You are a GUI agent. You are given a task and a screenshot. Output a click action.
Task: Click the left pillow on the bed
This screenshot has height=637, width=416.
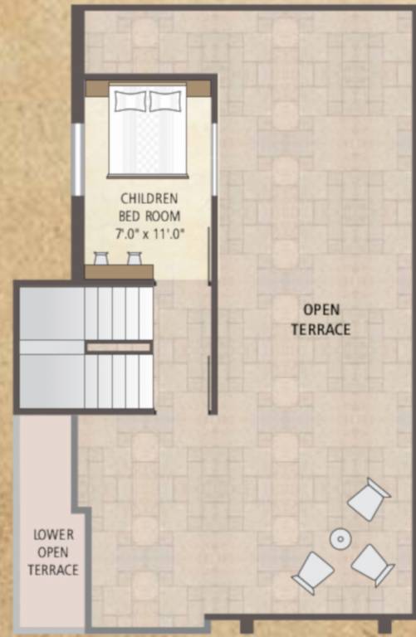click(130, 101)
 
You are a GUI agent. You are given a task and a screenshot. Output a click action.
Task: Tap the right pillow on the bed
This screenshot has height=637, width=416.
click(165, 101)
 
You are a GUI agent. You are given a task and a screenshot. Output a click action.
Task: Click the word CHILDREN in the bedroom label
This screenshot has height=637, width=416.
click(149, 199)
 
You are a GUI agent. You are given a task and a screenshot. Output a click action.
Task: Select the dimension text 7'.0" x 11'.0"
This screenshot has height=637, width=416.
click(149, 234)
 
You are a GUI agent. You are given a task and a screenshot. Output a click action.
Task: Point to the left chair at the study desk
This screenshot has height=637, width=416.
click(101, 258)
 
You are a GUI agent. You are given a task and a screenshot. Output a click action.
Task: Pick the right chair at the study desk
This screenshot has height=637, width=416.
click(134, 258)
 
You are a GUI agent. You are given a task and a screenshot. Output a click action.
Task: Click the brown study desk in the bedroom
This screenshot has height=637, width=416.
click(120, 271)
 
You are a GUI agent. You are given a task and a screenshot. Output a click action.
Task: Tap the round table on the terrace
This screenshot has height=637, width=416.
click(340, 539)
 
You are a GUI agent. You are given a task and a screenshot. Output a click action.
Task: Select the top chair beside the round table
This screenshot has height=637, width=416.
click(369, 498)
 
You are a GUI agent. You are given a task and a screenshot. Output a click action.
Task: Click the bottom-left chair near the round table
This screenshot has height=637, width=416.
click(313, 571)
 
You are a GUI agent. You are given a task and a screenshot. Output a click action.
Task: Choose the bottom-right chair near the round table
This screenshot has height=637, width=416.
click(372, 565)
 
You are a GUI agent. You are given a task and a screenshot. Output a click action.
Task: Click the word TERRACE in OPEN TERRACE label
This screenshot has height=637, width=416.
click(321, 330)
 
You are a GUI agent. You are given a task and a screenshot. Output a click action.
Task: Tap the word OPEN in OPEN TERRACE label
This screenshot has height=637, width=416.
click(321, 310)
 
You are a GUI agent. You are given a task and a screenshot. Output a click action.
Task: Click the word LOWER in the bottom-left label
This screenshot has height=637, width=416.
click(53, 535)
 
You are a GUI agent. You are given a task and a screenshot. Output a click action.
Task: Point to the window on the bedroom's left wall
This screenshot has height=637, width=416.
click(77, 158)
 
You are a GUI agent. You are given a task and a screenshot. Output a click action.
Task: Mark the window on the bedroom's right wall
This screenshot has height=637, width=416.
click(214, 158)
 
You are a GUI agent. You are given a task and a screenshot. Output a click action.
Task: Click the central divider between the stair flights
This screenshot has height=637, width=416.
click(119, 347)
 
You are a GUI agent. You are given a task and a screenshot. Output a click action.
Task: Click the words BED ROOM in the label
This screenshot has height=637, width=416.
click(149, 216)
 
